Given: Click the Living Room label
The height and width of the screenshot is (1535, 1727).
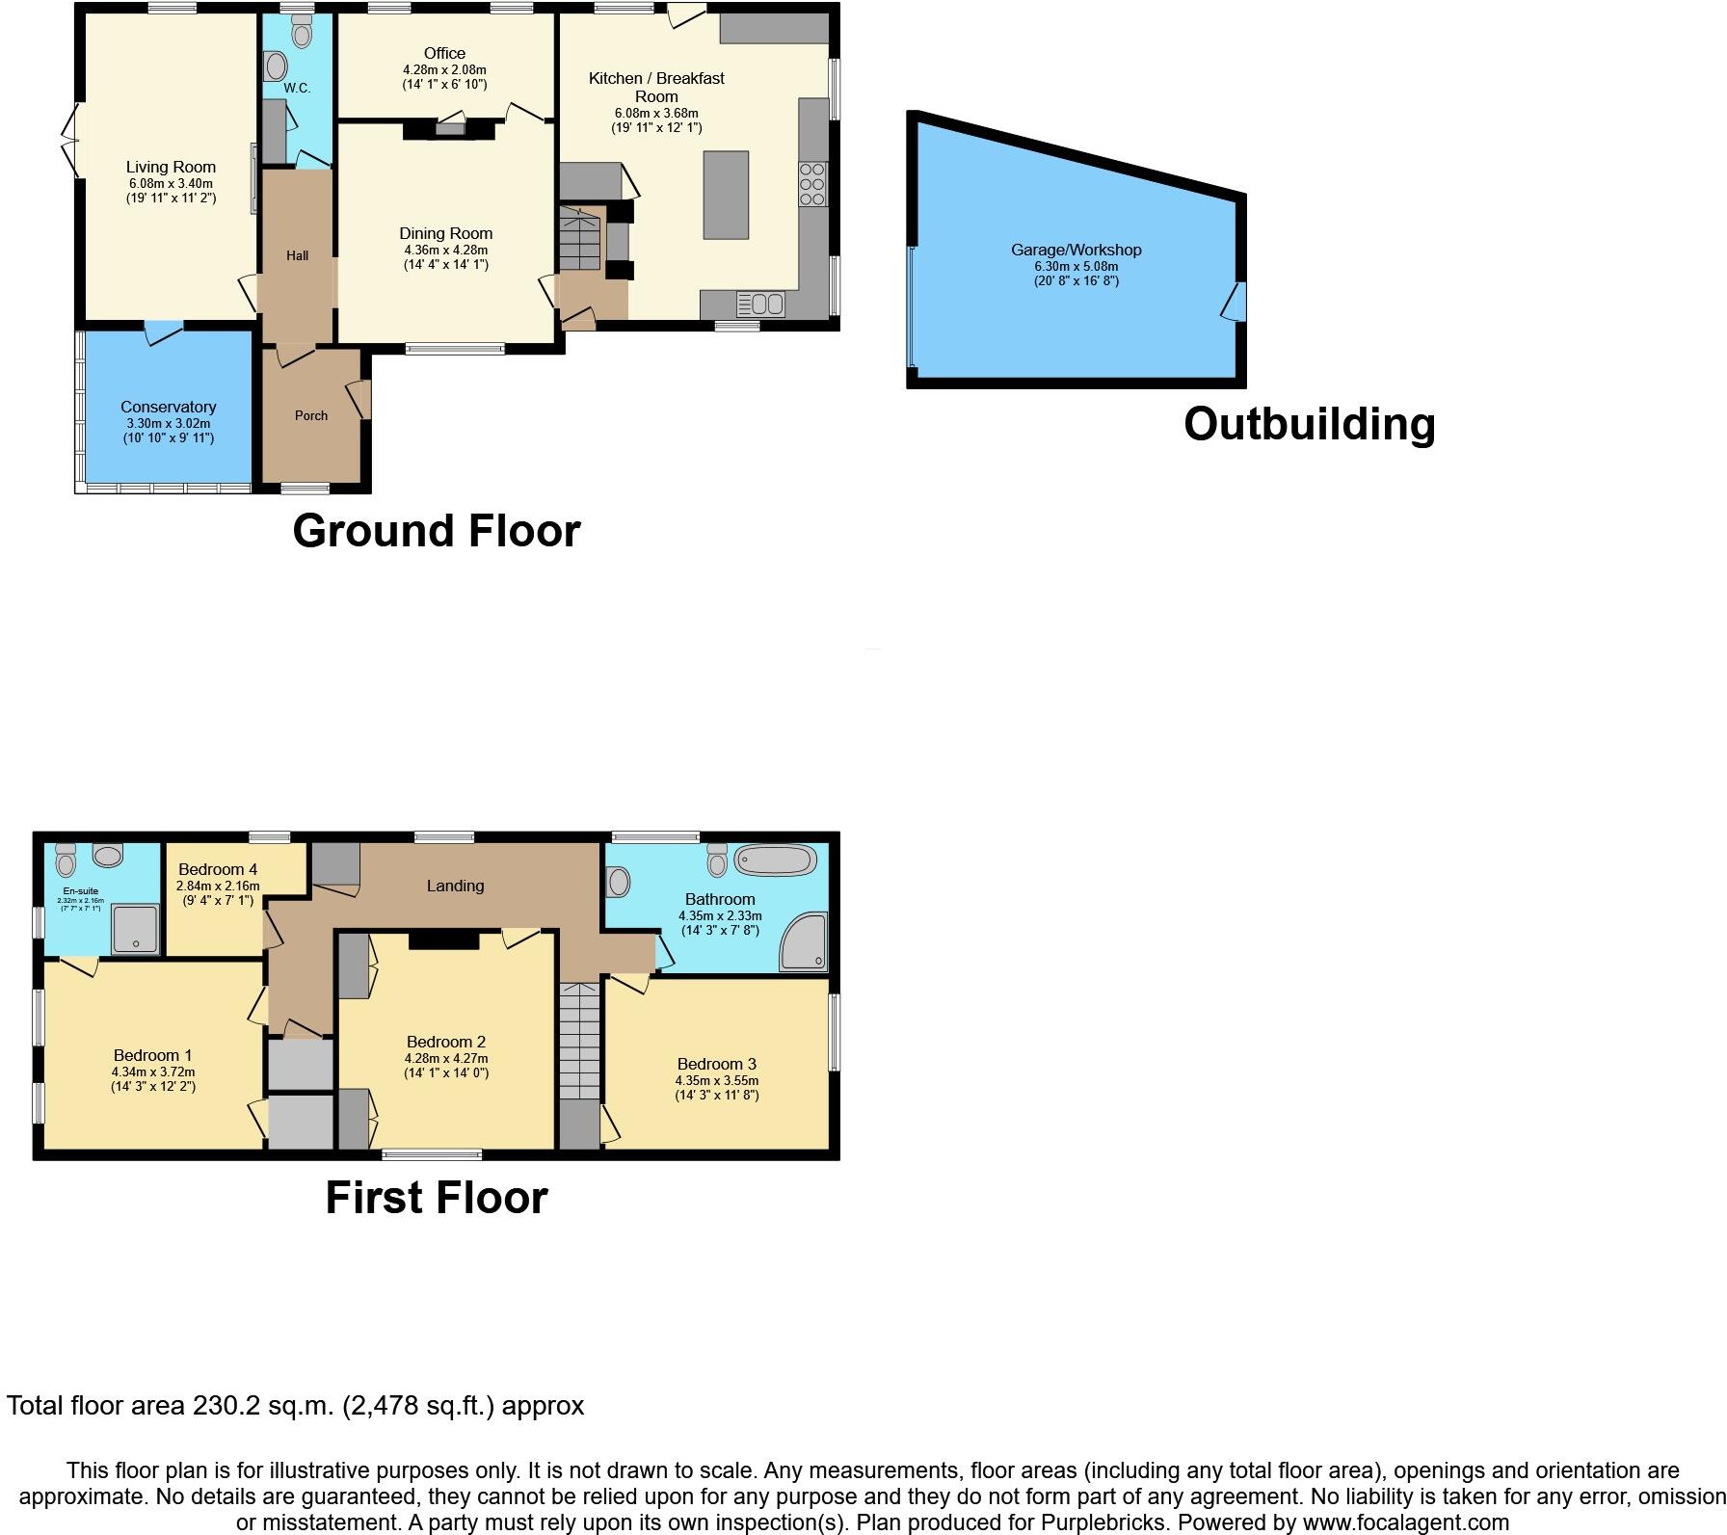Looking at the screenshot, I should [x=171, y=167].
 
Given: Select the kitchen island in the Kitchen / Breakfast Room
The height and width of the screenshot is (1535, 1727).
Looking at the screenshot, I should [x=726, y=195].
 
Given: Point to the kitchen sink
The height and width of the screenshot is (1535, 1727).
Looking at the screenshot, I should [x=760, y=304].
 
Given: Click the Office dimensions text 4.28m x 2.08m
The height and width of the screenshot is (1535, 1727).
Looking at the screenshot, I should [x=444, y=70].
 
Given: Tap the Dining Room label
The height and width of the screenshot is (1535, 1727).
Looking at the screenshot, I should [x=445, y=233].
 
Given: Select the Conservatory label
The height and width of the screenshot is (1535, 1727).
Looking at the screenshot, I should [x=169, y=407].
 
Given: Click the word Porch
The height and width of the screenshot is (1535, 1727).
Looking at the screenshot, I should [x=310, y=415].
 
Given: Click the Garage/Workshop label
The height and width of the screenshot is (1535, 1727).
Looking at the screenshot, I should [x=1076, y=250].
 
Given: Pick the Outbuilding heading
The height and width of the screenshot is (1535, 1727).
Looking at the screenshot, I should [x=1309, y=424].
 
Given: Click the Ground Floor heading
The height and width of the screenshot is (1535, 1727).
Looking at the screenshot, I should [x=436, y=531].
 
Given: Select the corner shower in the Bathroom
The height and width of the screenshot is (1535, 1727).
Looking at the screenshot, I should [x=805, y=942].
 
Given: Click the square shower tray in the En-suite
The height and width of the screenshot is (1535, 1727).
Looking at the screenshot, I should [x=135, y=930].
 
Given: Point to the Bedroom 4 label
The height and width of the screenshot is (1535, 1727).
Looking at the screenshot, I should [x=218, y=869].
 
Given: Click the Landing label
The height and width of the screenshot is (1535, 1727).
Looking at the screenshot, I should [x=455, y=886].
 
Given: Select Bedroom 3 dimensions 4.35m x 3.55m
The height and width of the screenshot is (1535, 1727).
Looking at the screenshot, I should [x=716, y=1080].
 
